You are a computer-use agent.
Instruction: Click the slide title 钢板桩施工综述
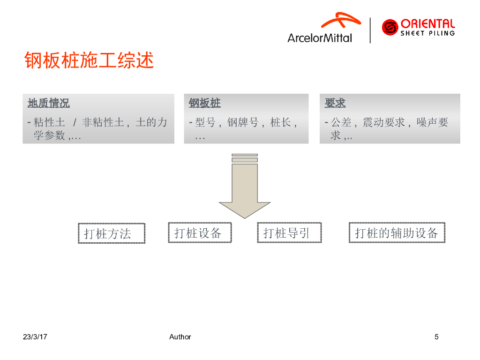89,61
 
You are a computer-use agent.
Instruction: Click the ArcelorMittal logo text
320,38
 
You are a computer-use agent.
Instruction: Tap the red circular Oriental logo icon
390,27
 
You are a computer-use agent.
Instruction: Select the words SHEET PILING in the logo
427,33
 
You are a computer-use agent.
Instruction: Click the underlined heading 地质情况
49,103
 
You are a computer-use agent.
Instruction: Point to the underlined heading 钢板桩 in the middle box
205,103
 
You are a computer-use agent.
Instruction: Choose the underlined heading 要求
335,103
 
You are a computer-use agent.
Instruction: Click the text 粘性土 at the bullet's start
49,123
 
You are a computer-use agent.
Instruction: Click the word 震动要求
386,123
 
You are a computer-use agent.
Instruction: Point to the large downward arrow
245,187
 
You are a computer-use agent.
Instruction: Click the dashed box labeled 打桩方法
112,233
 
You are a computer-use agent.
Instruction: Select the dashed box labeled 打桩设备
200,232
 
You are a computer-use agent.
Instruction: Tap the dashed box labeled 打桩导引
289,232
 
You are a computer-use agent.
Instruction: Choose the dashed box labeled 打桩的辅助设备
397,232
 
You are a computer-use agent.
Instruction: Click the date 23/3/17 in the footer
36,337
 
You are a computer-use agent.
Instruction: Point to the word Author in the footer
180,337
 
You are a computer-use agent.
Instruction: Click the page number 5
436,337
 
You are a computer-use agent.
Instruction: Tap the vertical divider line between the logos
370,30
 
